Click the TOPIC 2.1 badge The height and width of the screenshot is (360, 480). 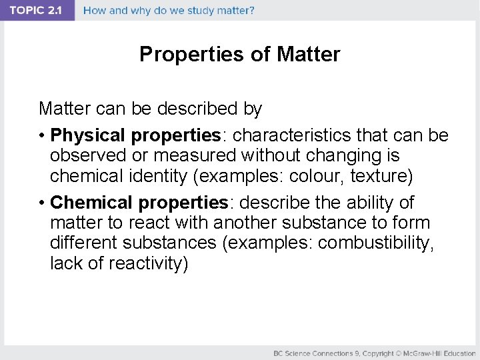pyautogui.click(x=37, y=11)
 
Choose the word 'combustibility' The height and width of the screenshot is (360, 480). pyautogui.click(x=375, y=243)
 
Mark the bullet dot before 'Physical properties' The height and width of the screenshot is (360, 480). pyautogui.click(x=41, y=136)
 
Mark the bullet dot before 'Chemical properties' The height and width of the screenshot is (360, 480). pyautogui.click(x=41, y=203)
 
